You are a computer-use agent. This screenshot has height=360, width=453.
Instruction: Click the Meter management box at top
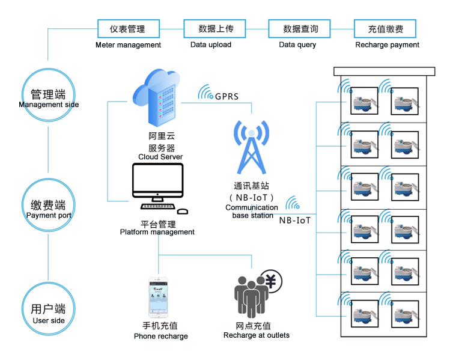pos(127,28)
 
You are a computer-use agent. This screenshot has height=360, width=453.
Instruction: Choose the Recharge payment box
pos(386,28)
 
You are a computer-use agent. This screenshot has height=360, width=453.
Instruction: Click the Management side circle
pos(48,96)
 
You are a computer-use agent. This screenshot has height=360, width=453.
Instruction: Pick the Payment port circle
pos(48,207)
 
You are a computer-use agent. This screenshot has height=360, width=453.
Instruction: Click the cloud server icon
pos(157,95)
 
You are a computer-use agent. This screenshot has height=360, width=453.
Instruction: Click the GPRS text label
pos(227,97)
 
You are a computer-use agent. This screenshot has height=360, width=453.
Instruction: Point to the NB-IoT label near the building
pos(295,220)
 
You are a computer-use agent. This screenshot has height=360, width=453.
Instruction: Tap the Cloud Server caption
pos(160,157)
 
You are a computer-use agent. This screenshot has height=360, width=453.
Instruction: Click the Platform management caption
pos(157,232)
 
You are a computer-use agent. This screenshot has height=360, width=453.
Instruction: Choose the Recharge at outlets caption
pos(256,335)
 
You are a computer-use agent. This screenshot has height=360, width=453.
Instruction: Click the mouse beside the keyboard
pos(182,210)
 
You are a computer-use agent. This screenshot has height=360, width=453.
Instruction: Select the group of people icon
pos(251,294)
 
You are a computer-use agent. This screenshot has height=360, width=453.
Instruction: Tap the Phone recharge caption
pos(161,336)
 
